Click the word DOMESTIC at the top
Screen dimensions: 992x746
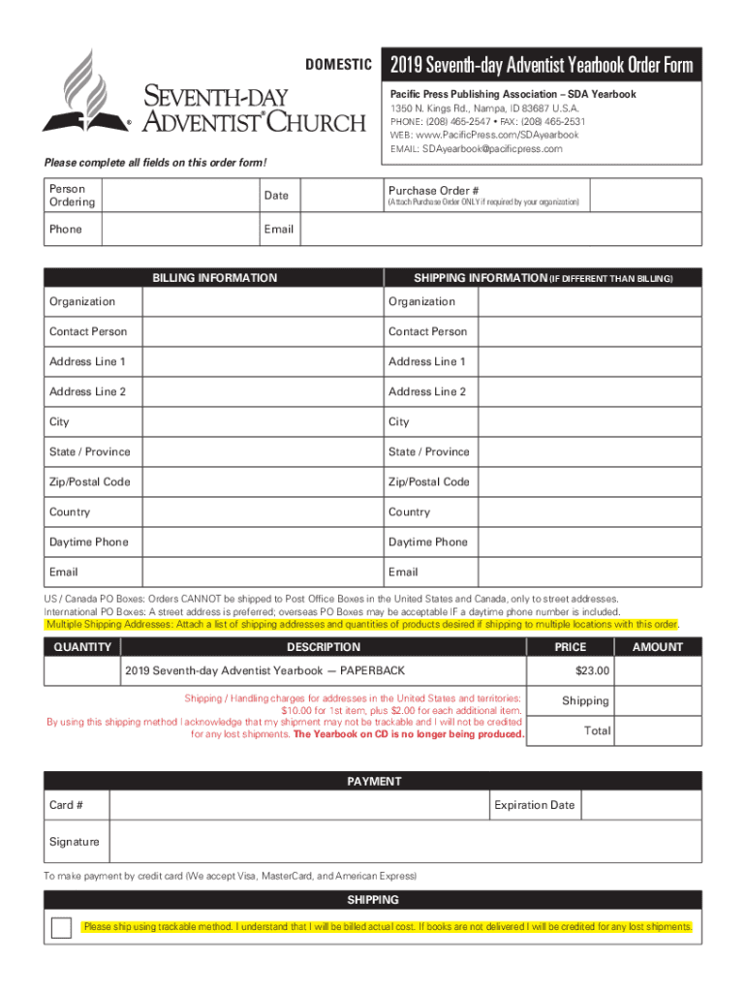pyautogui.click(x=339, y=66)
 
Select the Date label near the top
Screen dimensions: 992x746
pyautogui.click(x=276, y=196)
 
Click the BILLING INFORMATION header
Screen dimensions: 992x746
pyautogui.click(x=214, y=278)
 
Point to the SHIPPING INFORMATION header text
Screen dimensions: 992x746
pyautogui.click(x=480, y=278)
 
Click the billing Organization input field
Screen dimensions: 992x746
pyautogui.click(x=262, y=302)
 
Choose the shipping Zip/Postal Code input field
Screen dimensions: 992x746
pyautogui.click(x=591, y=482)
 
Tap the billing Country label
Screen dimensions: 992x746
pyautogui.click(x=70, y=512)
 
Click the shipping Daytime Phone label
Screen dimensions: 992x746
pyautogui.click(x=427, y=542)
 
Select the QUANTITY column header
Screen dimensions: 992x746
pyautogui.click(x=82, y=647)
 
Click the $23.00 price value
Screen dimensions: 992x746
pyautogui.click(x=592, y=671)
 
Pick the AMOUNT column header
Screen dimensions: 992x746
pyautogui.click(x=658, y=647)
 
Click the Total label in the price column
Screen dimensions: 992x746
pyautogui.click(x=597, y=731)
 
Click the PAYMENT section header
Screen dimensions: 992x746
pyautogui.click(x=373, y=782)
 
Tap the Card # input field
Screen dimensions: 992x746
pyautogui.click(x=300, y=806)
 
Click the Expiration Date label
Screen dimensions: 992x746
pyautogui.click(x=534, y=806)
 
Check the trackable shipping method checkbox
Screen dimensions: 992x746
pyautogui.click(x=61, y=928)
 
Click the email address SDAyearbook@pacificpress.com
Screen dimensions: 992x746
pyautogui.click(x=491, y=149)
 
